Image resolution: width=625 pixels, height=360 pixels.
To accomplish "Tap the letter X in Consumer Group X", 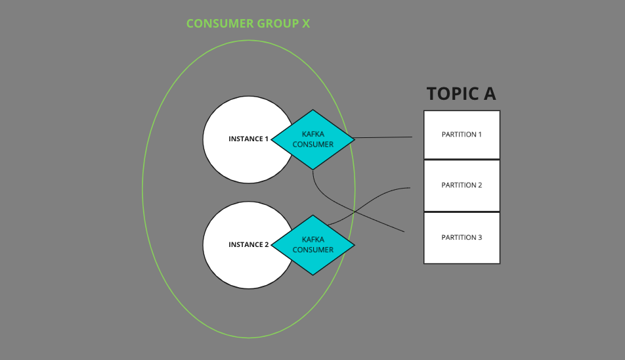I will (x=305, y=24).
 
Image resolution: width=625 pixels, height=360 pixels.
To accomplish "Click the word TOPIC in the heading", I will (x=452, y=94).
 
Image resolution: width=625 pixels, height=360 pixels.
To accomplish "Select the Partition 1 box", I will (x=462, y=135).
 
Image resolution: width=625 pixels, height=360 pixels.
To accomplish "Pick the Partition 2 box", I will (x=462, y=185).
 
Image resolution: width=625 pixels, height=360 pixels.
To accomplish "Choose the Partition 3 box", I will (x=462, y=237).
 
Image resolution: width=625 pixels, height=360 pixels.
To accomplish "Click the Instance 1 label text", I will (x=248, y=139).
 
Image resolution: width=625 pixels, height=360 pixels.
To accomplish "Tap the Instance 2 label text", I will (x=248, y=245).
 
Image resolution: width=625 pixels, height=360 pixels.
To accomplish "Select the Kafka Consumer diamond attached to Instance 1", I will (x=313, y=139).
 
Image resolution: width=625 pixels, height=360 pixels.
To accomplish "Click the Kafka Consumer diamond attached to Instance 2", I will (x=313, y=245).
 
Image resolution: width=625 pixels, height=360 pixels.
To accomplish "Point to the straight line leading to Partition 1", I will (x=384, y=138).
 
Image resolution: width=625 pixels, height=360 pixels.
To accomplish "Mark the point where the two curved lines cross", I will (x=354, y=212).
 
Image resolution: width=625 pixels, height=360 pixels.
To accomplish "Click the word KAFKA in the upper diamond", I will (x=313, y=134).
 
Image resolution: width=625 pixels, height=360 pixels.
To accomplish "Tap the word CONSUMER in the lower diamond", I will (x=313, y=250).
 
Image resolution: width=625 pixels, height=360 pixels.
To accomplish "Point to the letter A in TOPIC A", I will (x=488, y=94).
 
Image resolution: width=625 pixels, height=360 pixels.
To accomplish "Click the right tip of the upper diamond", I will (x=353, y=139).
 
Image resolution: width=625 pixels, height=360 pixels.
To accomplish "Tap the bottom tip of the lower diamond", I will (x=313, y=274).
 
